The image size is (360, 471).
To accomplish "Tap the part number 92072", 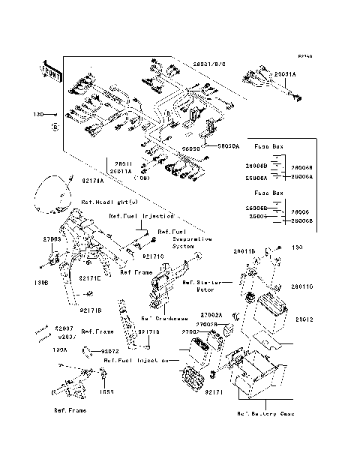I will pyautogui.click(x=109, y=351).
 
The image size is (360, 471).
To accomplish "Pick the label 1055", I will pyautogui.click(x=108, y=391).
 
